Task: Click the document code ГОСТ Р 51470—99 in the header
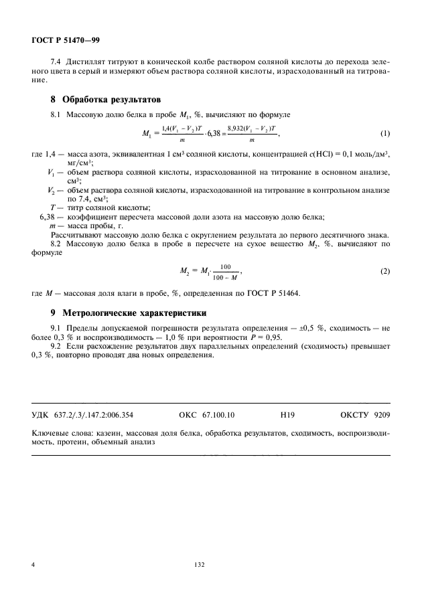[66, 39]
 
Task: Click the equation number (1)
[384, 133]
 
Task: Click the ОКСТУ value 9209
[380, 415]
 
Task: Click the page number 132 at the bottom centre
[199, 565]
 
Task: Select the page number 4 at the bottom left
[33, 565]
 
